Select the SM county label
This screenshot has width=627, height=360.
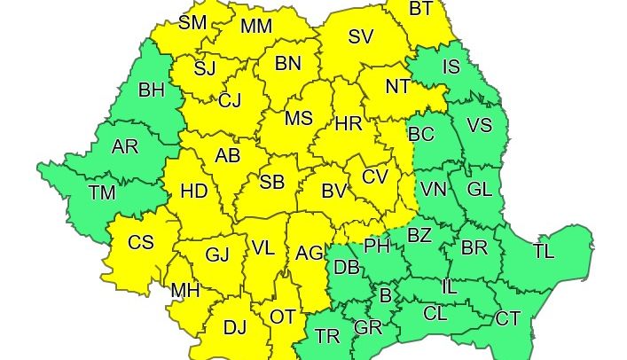tap(192, 23)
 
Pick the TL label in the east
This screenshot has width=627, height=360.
tap(544, 251)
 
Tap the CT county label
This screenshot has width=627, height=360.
tap(508, 318)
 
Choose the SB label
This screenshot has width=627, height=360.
tap(272, 183)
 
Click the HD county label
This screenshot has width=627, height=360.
tap(193, 191)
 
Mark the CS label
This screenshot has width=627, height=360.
tap(141, 243)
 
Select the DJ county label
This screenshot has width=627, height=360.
tap(234, 328)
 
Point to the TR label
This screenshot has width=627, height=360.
tap(327, 336)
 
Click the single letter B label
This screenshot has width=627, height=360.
tap(386, 294)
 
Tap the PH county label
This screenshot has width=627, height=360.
tap(378, 246)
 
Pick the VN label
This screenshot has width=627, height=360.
tap(434, 190)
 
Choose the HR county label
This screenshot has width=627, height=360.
tap(349, 124)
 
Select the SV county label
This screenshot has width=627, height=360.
tap(360, 37)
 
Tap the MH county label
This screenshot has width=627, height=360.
tap(184, 290)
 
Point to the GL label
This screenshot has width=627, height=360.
tap(479, 190)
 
